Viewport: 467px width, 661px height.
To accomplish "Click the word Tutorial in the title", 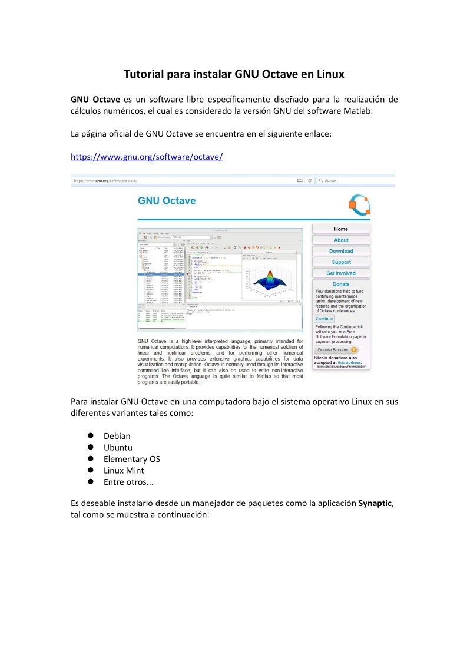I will [x=143, y=75].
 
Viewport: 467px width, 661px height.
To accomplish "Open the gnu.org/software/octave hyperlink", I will [x=146, y=157].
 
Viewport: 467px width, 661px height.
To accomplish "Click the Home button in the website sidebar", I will [x=340, y=229].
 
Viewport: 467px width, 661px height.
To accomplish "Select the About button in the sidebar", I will [x=340, y=240].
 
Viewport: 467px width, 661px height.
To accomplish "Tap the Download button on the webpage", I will [x=340, y=252].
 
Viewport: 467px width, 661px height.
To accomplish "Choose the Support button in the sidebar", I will [x=340, y=262].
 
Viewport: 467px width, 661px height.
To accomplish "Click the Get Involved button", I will [x=340, y=273].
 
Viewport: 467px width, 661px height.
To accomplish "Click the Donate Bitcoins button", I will [x=337, y=349].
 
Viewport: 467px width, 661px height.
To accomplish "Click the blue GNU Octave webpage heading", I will [x=167, y=201].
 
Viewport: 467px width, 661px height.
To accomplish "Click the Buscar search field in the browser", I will [x=353, y=181].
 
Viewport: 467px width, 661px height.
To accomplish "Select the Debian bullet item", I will [x=117, y=436].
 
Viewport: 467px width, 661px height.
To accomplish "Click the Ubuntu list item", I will [x=118, y=447].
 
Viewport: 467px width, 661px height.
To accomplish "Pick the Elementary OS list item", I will [x=132, y=459].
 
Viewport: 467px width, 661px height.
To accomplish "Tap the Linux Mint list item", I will [x=124, y=470].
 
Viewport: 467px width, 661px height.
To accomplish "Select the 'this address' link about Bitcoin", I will [x=349, y=362].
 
